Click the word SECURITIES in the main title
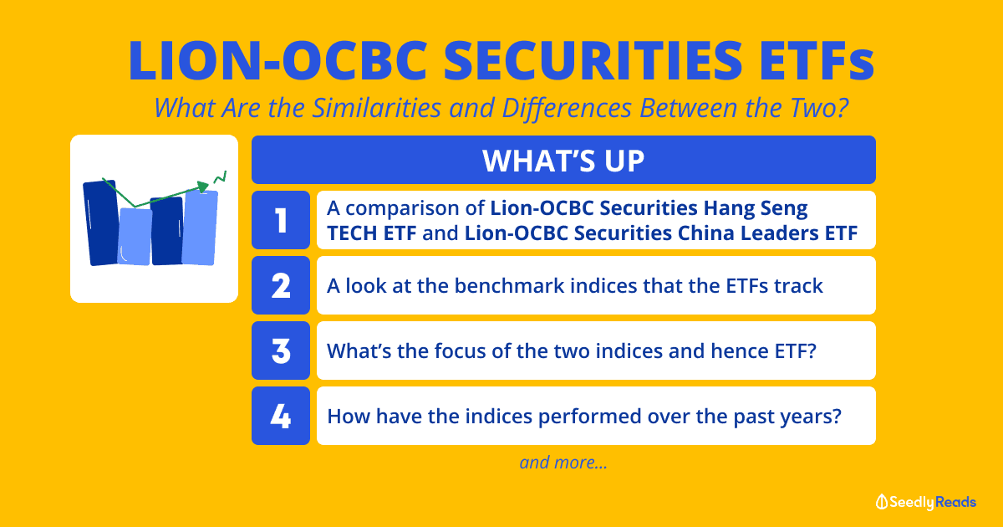(x=593, y=60)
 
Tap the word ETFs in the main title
(x=817, y=60)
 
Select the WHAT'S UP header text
(x=563, y=161)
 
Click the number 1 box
(x=281, y=220)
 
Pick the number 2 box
(x=281, y=285)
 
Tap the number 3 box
(x=281, y=350)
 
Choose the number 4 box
(x=281, y=416)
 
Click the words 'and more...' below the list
(x=563, y=462)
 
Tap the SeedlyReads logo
(x=926, y=502)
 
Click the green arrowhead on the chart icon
(x=203, y=187)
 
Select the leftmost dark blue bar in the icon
(x=102, y=223)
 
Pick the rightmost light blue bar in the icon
(x=200, y=228)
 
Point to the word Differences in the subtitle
(x=568, y=109)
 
